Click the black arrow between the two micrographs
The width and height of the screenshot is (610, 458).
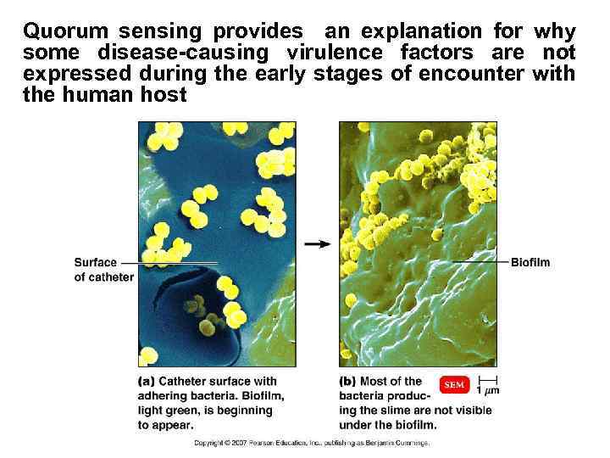317,244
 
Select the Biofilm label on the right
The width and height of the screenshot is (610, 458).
530,262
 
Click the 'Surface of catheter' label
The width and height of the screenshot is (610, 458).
103,270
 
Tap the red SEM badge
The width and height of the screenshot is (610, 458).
454,385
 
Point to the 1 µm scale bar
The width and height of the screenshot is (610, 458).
488,384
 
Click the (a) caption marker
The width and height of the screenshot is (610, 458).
146,381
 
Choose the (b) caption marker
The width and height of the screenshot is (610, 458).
347,381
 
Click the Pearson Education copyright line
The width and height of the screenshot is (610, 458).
312,443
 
